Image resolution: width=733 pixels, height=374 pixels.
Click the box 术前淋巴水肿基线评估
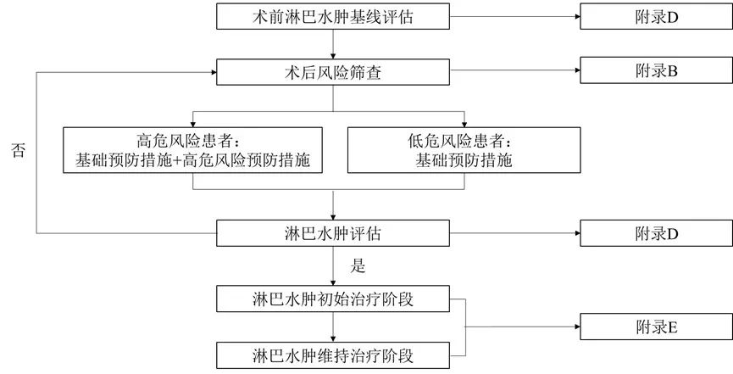(333, 16)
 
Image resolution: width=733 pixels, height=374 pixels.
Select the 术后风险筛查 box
(333, 73)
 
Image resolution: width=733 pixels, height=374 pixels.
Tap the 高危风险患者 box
(194, 150)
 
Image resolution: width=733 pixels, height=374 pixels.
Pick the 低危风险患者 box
(465, 150)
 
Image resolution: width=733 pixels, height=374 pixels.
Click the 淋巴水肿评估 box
(333, 232)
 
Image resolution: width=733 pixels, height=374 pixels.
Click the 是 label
(358, 266)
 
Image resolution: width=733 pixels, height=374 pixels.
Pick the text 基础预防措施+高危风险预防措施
(194, 159)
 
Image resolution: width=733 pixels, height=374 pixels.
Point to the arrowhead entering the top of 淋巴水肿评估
(333, 215)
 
